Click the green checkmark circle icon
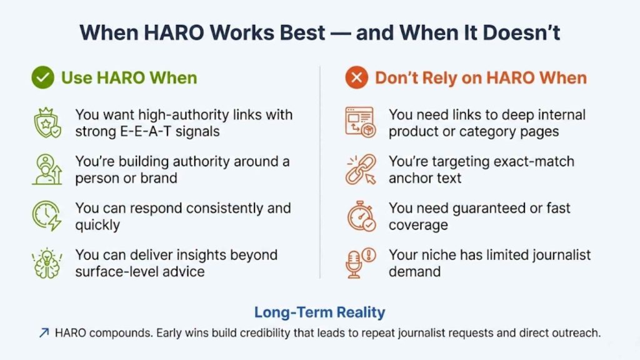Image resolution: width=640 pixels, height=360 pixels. [42, 78]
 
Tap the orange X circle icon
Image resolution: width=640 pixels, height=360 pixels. [357, 78]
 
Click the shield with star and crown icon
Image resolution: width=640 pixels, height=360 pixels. [47, 122]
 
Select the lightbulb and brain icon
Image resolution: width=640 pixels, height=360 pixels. [47, 263]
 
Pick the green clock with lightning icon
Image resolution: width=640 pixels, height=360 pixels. [47, 216]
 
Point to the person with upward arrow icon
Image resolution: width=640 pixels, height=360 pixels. [47, 169]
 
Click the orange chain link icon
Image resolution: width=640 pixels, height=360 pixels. [361, 169]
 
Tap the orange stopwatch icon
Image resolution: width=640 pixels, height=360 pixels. [361, 216]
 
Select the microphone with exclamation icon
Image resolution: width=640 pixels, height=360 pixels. [361, 263]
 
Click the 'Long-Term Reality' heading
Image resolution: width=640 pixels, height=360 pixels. [319, 312]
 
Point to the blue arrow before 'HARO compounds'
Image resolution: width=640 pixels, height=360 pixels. [44, 333]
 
